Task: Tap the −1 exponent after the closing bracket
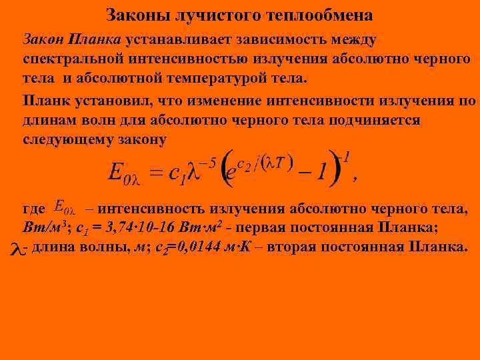pos(345,158)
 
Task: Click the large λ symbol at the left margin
pos(16,249)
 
